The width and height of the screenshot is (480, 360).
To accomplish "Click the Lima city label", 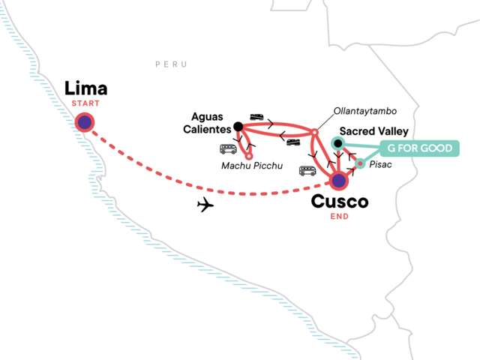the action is [x=86, y=88].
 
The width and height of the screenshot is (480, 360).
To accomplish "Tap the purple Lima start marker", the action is [x=85, y=122].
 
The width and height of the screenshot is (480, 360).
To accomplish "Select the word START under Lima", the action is [x=85, y=103].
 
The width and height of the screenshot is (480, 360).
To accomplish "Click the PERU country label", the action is [x=171, y=64].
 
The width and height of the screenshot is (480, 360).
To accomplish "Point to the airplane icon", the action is [x=205, y=205].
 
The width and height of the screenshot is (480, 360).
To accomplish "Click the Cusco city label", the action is [x=340, y=202].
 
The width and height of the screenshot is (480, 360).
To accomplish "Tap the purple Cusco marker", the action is [x=338, y=181].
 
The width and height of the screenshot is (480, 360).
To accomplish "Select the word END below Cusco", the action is [x=340, y=217].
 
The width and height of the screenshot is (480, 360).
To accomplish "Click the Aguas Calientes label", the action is [x=207, y=123].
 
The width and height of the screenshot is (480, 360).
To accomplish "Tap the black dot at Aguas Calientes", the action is [x=238, y=127].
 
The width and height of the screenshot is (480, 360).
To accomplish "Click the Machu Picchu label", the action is [x=252, y=166].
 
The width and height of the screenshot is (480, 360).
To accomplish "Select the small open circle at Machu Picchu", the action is [x=249, y=156].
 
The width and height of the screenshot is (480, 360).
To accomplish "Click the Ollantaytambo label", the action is [x=365, y=111].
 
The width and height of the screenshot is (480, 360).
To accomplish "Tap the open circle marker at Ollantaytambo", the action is [x=314, y=132].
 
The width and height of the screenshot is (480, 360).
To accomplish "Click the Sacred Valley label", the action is [x=374, y=131].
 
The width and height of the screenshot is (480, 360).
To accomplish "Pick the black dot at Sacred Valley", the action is [x=338, y=143].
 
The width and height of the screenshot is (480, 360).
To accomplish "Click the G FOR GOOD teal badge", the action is [x=420, y=148].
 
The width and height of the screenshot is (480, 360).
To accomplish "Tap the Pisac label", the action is [x=380, y=164].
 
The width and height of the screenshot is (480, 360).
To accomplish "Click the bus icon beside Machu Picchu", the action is [x=228, y=149].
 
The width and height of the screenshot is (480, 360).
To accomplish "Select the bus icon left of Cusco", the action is [x=307, y=171].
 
